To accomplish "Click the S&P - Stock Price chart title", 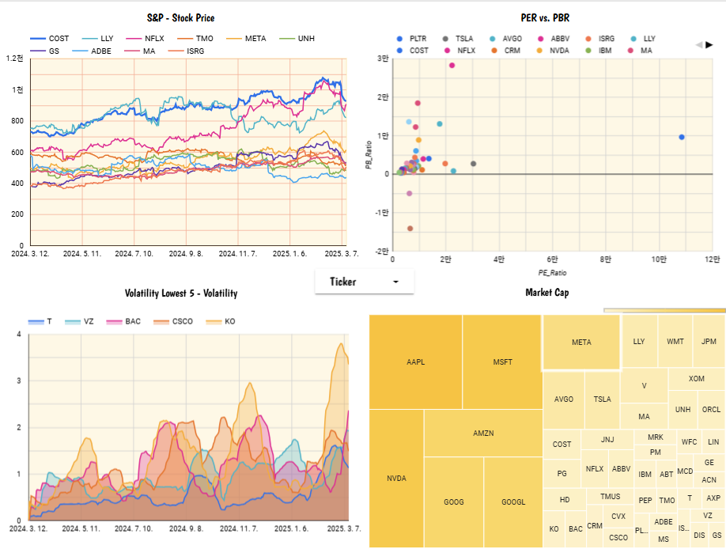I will pos(180,17).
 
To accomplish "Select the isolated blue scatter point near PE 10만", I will pos(682,138).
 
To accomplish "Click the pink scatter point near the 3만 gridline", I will pos(452,66).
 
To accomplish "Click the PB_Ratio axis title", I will pos(369,156).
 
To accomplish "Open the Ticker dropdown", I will pos(364,282).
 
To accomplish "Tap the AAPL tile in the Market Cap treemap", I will pos(416,362).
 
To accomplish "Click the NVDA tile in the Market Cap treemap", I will pos(396,479).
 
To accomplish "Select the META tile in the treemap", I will pos(581,343).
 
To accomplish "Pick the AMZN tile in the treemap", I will pos(483,434).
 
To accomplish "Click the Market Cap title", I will pos(546,293).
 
